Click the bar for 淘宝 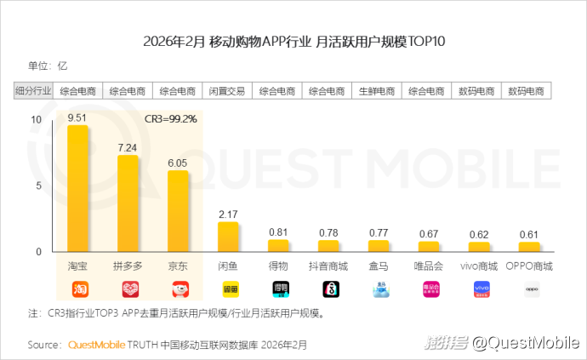tap(78, 188)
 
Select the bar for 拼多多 tap(128, 203)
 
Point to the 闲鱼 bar tap(228, 237)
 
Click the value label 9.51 tap(77, 117)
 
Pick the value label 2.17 tap(228, 213)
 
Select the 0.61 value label tap(529, 235)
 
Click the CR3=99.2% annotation tap(170, 118)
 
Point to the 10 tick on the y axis tap(35, 120)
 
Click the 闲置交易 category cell tap(227, 91)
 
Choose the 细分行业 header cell tap(34, 91)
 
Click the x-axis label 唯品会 tap(428, 266)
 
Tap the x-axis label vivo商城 tap(479, 266)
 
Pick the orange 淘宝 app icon tap(79, 289)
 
